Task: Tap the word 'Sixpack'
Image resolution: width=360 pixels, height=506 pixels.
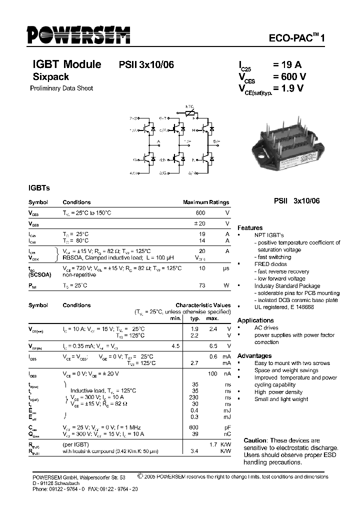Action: [x=50, y=77]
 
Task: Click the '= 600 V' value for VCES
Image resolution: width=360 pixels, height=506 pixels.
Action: [x=289, y=76]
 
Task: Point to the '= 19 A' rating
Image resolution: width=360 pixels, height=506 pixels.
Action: [x=287, y=64]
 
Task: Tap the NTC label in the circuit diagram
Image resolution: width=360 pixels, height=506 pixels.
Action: [x=190, y=106]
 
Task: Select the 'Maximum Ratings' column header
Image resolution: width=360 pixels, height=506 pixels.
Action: [x=206, y=202]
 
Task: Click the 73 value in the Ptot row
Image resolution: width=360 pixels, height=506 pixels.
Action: [x=202, y=285]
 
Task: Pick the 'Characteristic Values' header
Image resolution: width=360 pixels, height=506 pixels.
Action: [x=203, y=305]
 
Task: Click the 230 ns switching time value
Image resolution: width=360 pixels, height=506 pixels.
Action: [x=195, y=397]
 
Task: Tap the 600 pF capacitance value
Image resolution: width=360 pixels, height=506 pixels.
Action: [x=195, y=427]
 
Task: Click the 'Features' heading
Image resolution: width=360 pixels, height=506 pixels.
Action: [x=250, y=227]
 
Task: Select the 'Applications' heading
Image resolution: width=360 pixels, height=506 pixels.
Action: [x=255, y=320]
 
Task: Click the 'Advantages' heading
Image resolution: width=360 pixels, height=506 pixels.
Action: [x=254, y=355]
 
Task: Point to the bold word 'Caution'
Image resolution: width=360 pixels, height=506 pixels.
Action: [x=255, y=440]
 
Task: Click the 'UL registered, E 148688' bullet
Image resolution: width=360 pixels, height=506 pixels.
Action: [x=284, y=307]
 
